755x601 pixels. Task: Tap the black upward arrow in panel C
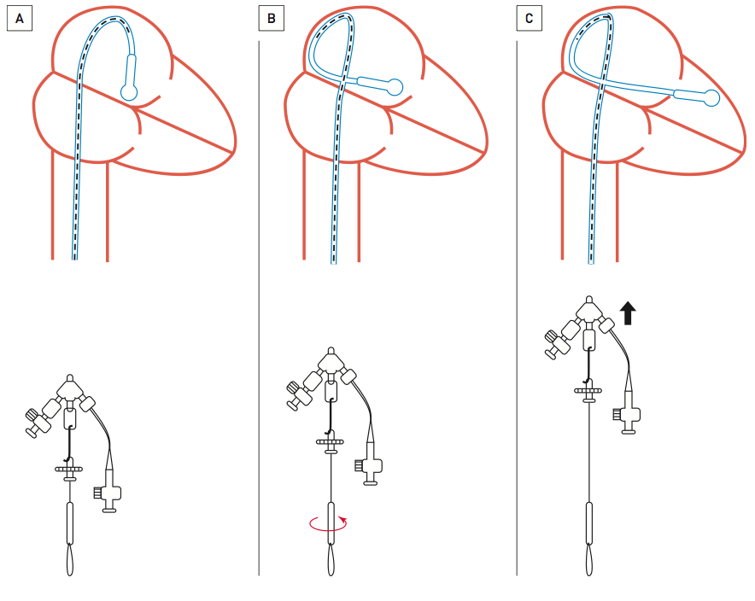[x=628, y=312]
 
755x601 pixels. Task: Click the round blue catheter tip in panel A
[x=129, y=92]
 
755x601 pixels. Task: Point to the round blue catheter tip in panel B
[x=394, y=85]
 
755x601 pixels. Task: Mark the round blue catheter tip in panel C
[x=711, y=98]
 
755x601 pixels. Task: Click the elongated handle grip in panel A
[x=69, y=522]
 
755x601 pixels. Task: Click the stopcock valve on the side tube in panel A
[x=109, y=494]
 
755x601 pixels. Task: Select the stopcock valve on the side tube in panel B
[x=370, y=467]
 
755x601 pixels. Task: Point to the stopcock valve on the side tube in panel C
[x=628, y=417]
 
